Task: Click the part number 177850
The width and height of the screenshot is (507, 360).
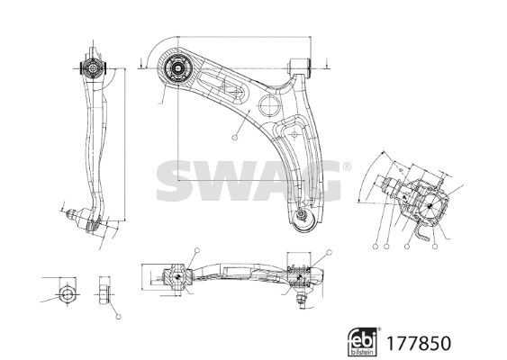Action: (x=419, y=343)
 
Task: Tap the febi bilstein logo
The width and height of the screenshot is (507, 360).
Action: (x=362, y=342)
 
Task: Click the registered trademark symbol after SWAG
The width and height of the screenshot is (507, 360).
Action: (x=347, y=166)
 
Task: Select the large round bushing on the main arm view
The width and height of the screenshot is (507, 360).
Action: (x=177, y=67)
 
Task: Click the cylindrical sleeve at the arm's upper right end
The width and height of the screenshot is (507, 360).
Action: (x=301, y=66)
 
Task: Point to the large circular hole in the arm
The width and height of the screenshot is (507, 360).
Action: (x=269, y=105)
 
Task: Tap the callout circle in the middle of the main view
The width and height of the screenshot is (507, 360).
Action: (x=235, y=138)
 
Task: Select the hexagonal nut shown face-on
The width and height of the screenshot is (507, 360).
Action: (x=68, y=294)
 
